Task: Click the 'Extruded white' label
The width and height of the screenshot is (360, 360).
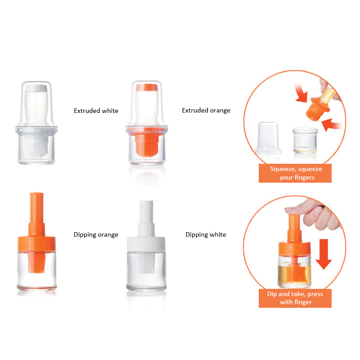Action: pos(96,111)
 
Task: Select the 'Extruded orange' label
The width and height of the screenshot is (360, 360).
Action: pos(206,110)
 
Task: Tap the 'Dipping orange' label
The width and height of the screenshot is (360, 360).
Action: pos(96,234)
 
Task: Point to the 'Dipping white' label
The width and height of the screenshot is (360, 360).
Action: pos(206,234)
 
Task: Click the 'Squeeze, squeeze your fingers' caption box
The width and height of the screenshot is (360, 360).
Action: pos(295,173)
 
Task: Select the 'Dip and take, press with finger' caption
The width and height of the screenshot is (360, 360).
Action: pos(295,298)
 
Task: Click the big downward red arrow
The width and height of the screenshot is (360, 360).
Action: pos(324,254)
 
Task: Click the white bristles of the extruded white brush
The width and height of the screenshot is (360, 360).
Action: pos(36,149)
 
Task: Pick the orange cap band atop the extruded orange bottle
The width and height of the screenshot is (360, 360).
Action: pos(147,87)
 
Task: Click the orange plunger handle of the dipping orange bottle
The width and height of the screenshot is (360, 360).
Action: pos(36,214)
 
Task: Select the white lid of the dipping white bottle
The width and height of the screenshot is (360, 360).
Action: pos(146,244)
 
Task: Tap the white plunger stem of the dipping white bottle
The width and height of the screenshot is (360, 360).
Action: pos(146,218)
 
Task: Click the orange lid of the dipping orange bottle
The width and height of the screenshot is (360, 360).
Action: pos(37,243)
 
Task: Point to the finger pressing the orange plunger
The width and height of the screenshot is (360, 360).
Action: pos(296,211)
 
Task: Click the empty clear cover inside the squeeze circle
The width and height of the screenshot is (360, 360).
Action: pos(268,137)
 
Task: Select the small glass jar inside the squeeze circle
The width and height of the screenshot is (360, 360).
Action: pos(305,140)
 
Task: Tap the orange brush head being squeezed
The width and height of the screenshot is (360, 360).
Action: pos(317,109)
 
